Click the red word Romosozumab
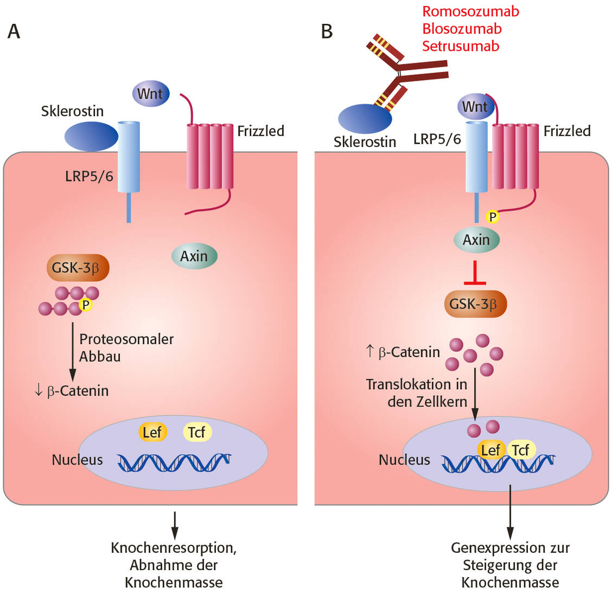[x=470, y=11]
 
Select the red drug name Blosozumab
[x=462, y=29]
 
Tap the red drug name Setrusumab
[x=460, y=46]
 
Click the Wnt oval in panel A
[x=150, y=94]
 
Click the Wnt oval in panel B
[x=475, y=107]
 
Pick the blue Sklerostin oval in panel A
[x=91, y=136]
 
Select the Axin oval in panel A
[x=194, y=256]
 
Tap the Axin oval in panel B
[x=476, y=240]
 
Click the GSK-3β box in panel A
[x=78, y=268]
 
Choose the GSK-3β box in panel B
[x=476, y=304]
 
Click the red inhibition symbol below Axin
[x=476, y=274]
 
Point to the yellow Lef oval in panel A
[x=152, y=432]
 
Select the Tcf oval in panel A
[x=196, y=432]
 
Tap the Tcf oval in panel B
[x=521, y=450]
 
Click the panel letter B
[x=326, y=31]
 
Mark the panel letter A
[x=14, y=31]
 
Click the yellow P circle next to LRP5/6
[x=492, y=217]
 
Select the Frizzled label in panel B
[x=567, y=131]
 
